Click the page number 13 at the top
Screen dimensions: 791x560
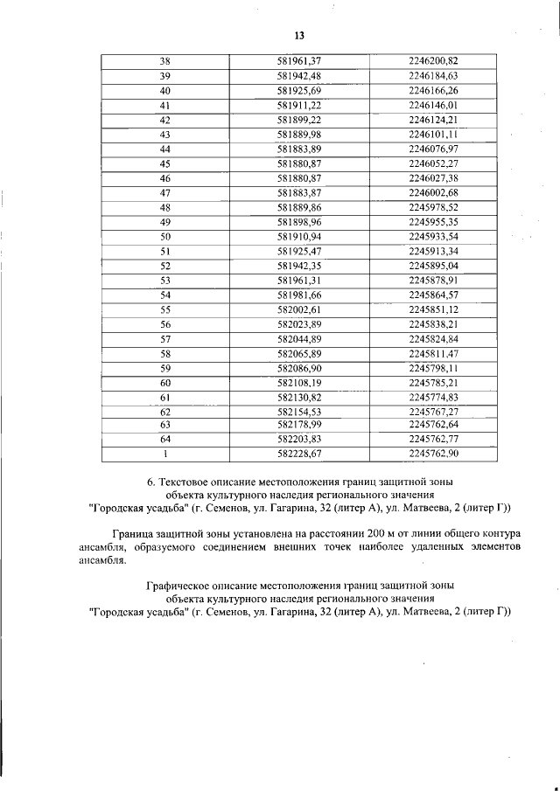point(298,35)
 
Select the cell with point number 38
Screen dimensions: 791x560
point(164,60)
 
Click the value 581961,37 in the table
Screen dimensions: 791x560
point(299,60)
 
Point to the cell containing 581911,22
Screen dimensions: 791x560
point(299,105)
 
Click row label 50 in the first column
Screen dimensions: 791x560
point(164,237)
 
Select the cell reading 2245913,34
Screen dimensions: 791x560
point(433,252)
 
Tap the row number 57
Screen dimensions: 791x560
point(164,339)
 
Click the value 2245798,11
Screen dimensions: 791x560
point(433,369)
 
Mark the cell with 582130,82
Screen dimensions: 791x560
point(299,398)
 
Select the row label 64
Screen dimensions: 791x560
point(164,439)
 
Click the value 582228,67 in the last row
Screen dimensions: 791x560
point(299,454)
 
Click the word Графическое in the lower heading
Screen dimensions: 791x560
point(180,585)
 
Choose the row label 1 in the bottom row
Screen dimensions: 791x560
point(164,454)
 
